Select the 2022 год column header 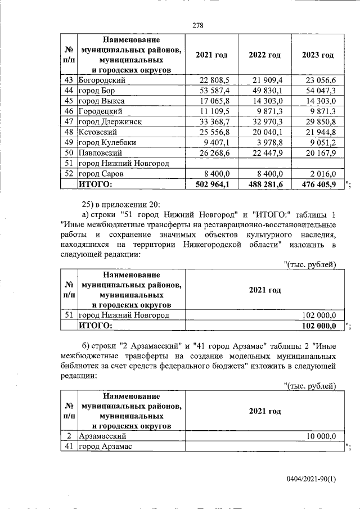[x=264, y=55]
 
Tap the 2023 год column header [x=317, y=55]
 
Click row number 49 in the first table [x=70, y=142]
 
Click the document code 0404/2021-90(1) [x=310, y=480]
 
